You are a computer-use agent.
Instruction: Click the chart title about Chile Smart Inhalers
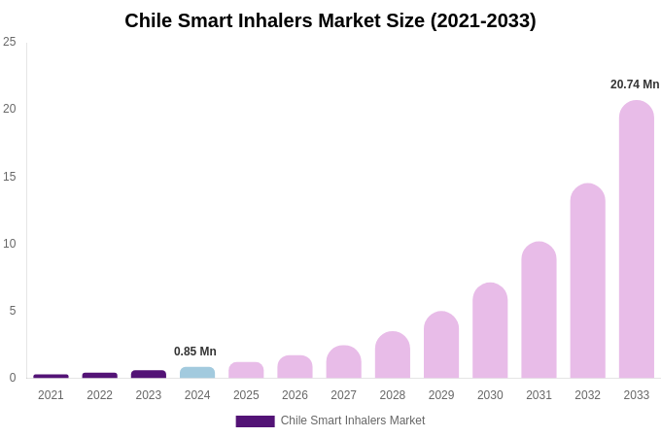pos(330,20)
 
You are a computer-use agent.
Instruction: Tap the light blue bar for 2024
pos(197,373)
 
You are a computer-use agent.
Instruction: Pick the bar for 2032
pos(587,281)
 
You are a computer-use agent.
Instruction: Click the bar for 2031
pos(539,310)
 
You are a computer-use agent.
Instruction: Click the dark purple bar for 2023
pos(149,374)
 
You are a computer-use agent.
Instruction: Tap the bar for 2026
pos(295,367)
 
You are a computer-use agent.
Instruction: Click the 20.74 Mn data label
pos(635,84)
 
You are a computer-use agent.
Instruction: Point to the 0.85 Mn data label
pos(195,352)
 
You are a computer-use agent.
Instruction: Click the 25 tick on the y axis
pos(10,42)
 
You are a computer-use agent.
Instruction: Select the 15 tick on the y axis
pos(10,176)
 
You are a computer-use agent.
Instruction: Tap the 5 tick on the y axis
pos(13,311)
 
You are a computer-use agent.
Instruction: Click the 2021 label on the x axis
pos(51,395)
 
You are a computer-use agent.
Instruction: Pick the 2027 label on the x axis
pos(343,395)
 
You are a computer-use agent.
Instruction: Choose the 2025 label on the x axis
pos(246,395)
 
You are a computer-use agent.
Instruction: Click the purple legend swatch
pos(255,421)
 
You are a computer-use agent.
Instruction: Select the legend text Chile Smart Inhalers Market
pos(353,420)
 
